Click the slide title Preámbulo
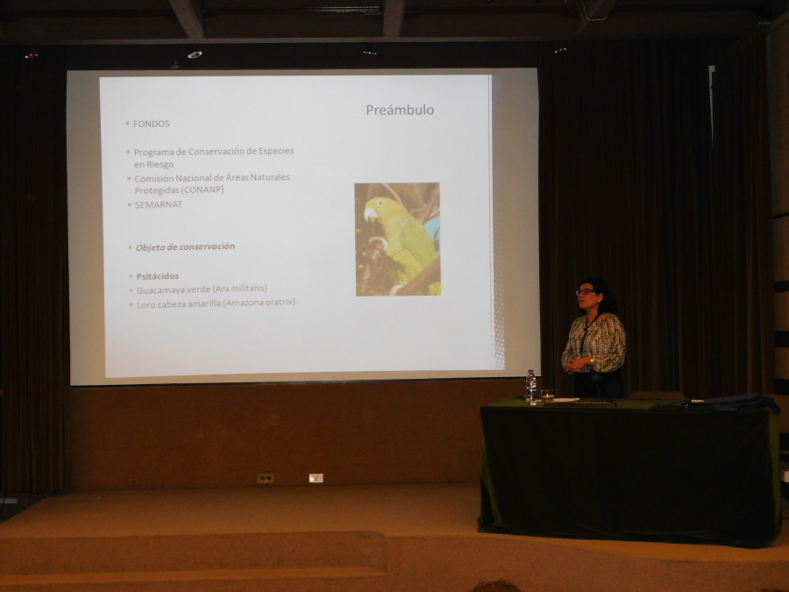tap(400, 111)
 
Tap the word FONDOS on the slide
tap(151, 124)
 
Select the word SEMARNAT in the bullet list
tap(158, 204)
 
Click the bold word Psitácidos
tap(158, 276)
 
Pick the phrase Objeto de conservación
tap(185, 246)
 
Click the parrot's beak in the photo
tap(370, 215)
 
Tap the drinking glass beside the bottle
tap(547, 396)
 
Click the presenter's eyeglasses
tap(585, 291)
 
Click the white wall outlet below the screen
tap(316, 478)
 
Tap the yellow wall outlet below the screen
tap(265, 478)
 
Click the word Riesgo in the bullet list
tap(160, 165)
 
